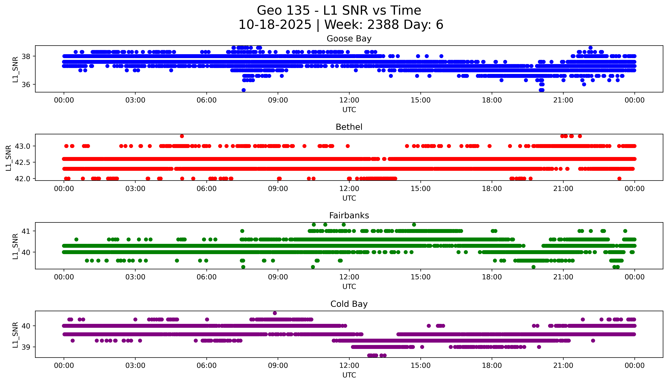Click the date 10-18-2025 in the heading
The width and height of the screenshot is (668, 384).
pyautogui.click(x=275, y=25)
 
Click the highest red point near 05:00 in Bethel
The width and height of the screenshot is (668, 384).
pyautogui.click(x=182, y=136)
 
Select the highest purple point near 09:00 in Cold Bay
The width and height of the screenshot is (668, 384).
pyautogui.click(x=275, y=313)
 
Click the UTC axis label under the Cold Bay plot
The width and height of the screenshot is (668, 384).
pyautogui.click(x=349, y=375)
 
